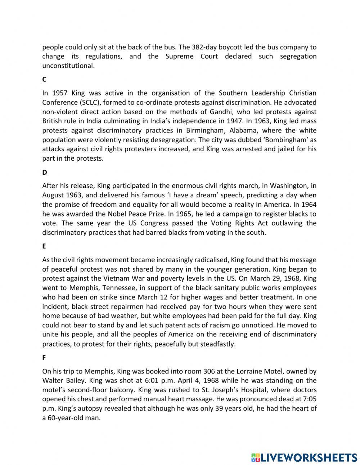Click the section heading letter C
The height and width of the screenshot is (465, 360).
44,79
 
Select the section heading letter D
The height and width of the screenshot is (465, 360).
45,172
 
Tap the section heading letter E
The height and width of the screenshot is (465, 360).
44,246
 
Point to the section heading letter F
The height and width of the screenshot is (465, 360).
44,358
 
